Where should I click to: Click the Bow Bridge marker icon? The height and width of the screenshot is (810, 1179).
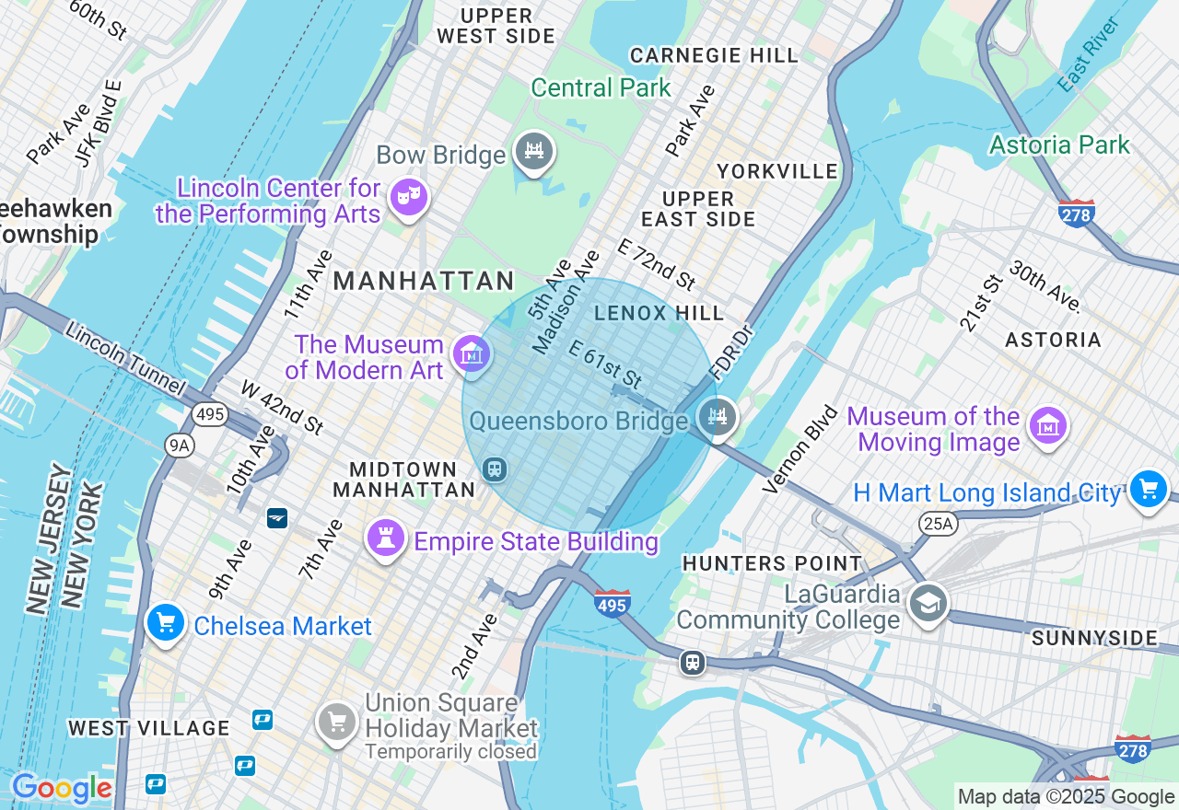tap(533, 151)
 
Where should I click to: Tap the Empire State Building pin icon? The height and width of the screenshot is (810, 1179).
tap(386, 538)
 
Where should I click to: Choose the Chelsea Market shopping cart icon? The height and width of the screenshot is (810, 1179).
tap(166, 623)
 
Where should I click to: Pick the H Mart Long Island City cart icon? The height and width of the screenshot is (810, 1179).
tap(1148, 489)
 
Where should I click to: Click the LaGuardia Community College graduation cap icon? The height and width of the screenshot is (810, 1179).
tap(928, 604)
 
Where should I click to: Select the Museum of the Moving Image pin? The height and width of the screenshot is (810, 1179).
tap(1048, 426)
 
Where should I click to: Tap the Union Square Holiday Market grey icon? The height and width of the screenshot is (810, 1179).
tap(337, 722)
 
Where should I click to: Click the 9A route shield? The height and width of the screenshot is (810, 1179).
tap(179, 446)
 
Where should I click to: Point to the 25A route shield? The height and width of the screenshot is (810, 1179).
tap(938, 524)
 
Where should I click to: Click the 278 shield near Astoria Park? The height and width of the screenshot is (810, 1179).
tap(1076, 214)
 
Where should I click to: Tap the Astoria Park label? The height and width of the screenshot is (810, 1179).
tap(1059, 145)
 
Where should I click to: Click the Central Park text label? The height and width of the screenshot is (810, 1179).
tap(601, 87)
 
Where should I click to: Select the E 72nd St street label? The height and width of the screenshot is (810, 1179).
tap(656, 262)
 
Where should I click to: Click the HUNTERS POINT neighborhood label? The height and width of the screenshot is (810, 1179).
tap(772, 563)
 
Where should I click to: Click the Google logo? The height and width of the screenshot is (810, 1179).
tap(62, 789)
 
